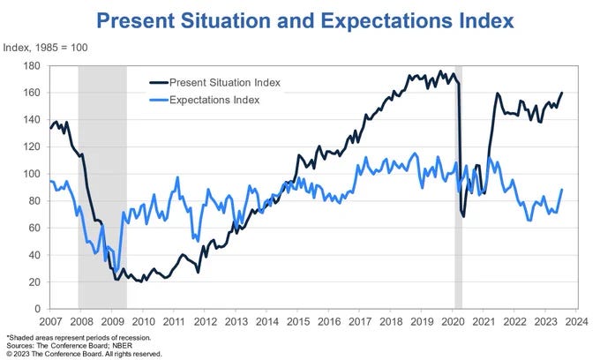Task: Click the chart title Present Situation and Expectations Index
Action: point(299,19)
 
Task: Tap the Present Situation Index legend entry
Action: point(224,82)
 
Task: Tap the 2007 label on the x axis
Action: point(49,322)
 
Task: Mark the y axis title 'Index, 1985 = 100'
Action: point(49,49)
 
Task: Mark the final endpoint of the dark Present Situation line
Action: point(562,93)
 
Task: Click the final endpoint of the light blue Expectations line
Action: point(562,190)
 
